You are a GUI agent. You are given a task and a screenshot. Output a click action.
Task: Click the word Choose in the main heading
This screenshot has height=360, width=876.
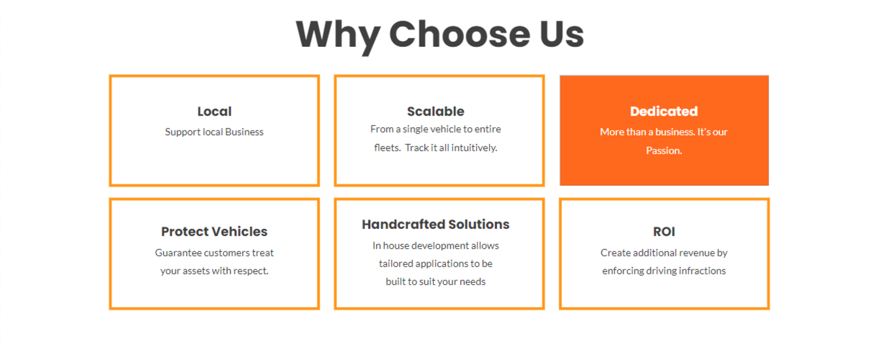460,34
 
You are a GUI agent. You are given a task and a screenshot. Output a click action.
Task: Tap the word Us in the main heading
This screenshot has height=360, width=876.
562,34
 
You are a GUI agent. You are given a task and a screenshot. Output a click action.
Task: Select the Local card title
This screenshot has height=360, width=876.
214,111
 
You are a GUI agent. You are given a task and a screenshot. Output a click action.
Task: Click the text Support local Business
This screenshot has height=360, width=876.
214,132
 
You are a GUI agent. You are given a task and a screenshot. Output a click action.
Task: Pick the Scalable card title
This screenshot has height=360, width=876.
436,111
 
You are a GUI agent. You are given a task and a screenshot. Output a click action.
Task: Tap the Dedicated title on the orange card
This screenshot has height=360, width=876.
664,111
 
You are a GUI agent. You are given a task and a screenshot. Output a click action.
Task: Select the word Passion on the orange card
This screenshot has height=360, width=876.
663,150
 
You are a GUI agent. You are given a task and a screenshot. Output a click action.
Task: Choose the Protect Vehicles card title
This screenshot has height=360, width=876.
214,231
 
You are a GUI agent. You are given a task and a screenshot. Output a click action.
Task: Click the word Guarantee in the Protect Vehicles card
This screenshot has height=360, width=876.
178,253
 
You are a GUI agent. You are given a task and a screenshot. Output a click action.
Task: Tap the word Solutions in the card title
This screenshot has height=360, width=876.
479,224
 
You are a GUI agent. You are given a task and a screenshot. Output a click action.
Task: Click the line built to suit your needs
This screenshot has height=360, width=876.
436,282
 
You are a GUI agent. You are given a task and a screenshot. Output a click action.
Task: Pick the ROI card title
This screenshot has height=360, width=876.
664,231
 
